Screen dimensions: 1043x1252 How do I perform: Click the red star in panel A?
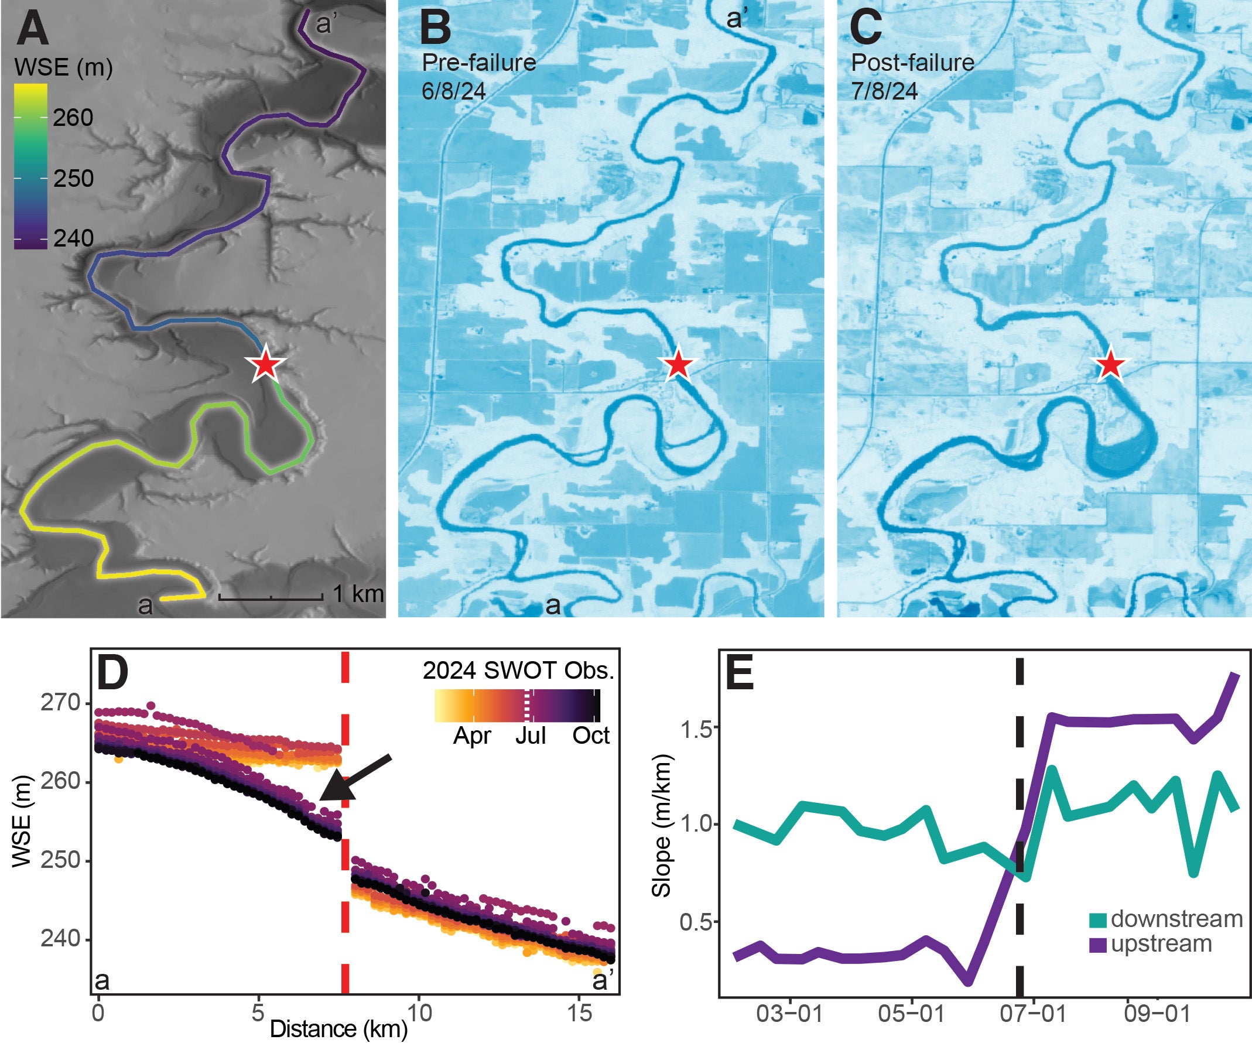(265, 365)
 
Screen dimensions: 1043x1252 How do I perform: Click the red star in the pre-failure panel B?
(678, 364)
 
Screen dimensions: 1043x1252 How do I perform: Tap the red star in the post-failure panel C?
(1110, 364)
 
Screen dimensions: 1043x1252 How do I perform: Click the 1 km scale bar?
(271, 596)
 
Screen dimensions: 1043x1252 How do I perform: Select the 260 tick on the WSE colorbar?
(72, 118)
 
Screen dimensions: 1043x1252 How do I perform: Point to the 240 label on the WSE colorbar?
(73, 238)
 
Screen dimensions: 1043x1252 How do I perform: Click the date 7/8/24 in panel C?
(884, 91)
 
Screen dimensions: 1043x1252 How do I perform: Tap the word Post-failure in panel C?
(912, 63)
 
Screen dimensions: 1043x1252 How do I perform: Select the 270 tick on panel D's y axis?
(60, 703)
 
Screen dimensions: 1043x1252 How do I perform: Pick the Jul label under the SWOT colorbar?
(530, 736)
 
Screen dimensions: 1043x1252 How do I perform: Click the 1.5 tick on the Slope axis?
(697, 729)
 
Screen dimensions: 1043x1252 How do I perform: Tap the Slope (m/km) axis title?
(662, 826)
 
